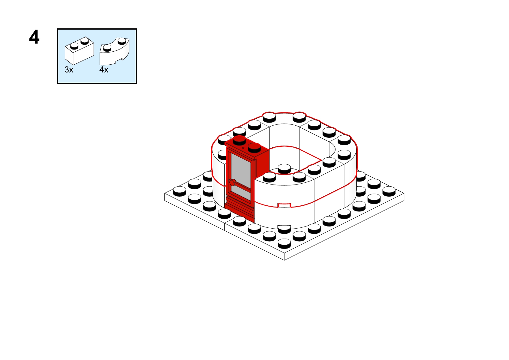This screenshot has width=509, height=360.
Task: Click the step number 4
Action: [34, 37]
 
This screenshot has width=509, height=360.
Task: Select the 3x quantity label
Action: [69, 70]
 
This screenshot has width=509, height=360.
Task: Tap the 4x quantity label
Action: [104, 70]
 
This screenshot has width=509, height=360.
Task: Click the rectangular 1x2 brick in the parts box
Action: [79, 51]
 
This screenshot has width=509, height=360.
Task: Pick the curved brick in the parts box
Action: [115, 52]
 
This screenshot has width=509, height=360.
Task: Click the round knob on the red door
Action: [232, 182]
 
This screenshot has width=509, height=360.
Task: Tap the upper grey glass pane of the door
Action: [241, 169]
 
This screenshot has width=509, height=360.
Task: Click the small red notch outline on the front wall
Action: [284, 205]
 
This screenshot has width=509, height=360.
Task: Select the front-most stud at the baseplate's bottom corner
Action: [284, 243]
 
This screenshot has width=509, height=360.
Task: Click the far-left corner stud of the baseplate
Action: [180, 191]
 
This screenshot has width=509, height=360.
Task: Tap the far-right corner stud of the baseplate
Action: [389, 191]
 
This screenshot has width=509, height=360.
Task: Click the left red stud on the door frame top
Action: [239, 140]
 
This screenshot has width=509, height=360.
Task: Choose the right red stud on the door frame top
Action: [254, 148]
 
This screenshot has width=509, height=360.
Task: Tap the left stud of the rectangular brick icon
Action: [74, 46]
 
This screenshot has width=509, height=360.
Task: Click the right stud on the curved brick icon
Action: [122, 41]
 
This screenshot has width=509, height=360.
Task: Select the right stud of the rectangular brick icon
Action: [85, 41]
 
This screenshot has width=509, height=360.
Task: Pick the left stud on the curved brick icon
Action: [107, 48]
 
